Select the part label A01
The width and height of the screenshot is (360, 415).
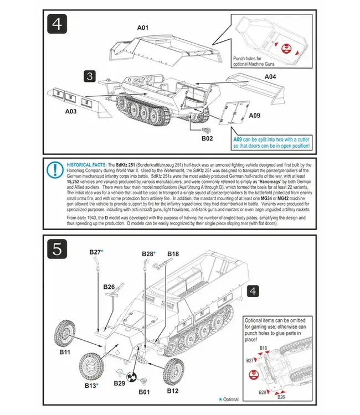[x=143, y=27]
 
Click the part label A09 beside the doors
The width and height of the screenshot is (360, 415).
[x=254, y=116]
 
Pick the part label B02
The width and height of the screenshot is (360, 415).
[x=207, y=138]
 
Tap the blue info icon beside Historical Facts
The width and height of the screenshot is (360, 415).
[x=55, y=170]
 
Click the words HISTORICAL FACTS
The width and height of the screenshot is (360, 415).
[x=86, y=165]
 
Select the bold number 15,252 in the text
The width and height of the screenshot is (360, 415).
[x=76, y=181]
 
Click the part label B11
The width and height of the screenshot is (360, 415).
[x=65, y=351]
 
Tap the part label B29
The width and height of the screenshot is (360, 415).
[x=119, y=383]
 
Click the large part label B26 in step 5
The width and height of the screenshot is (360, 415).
[x=109, y=287]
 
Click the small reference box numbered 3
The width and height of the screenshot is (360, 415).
[x=91, y=76]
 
